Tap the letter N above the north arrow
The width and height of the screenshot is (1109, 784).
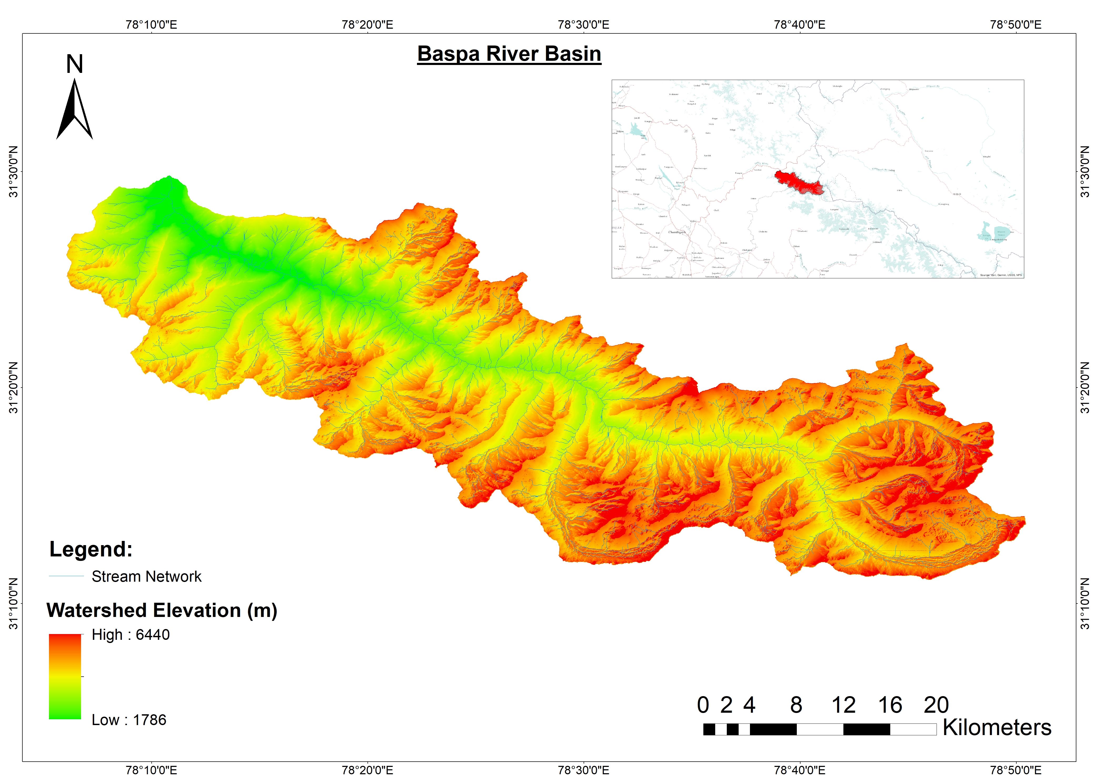coord(74,64)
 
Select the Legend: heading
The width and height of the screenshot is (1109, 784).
coord(91,549)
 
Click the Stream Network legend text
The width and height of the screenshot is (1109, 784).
coord(146,576)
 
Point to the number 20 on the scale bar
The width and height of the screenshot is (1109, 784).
coord(936,705)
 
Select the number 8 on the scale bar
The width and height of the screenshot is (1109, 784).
coord(796,705)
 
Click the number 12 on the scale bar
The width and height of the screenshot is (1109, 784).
coord(843,705)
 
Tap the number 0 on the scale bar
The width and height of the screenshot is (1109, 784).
coord(703,705)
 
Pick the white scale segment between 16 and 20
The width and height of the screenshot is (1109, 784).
coord(913,729)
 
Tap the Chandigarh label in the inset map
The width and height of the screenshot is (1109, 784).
coord(677,232)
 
